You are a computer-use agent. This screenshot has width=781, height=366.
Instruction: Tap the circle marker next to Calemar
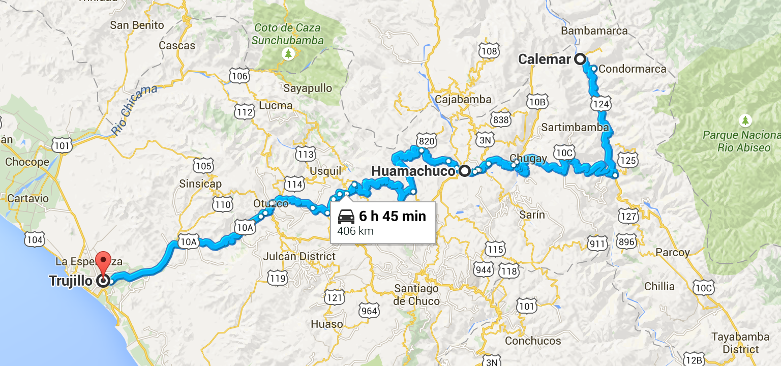tap(580, 59)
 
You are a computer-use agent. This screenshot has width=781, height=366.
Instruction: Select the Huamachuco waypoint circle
tap(464, 171)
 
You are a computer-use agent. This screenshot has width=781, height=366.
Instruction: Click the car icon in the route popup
tap(346, 217)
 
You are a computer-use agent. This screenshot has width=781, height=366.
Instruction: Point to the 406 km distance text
tap(355, 231)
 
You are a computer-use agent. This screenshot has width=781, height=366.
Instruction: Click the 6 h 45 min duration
tap(392, 217)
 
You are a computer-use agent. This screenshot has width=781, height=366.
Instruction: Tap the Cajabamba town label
tap(463, 100)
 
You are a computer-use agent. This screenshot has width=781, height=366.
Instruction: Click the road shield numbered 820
tap(426, 140)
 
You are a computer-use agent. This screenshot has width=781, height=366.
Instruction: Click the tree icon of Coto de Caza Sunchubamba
tap(288, 53)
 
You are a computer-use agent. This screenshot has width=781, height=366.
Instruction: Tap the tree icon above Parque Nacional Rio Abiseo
tap(745, 120)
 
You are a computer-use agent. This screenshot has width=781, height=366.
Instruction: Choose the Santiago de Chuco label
tap(416, 295)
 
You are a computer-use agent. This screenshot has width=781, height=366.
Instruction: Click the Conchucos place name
tap(532, 341)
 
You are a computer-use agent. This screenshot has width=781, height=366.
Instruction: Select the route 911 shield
tap(597, 244)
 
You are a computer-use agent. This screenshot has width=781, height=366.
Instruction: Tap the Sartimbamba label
tap(575, 127)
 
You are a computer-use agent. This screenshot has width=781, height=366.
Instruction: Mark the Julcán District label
tap(299, 257)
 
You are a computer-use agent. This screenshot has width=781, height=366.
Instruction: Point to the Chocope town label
tap(27, 163)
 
